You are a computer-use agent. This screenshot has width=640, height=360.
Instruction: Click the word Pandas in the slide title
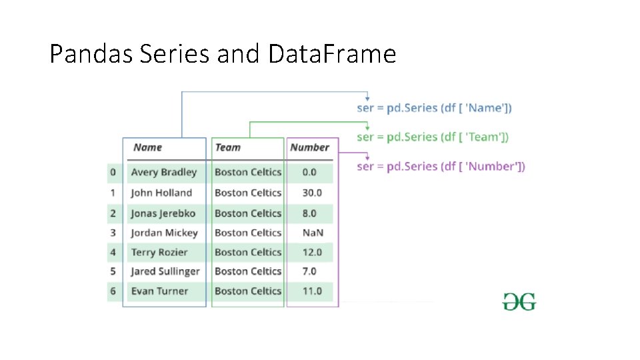coord(92,54)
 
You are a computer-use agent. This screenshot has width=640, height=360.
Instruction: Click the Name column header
coord(147,147)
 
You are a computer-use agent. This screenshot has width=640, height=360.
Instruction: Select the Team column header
coord(227,147)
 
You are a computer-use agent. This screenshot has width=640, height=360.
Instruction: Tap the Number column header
coord(309,147)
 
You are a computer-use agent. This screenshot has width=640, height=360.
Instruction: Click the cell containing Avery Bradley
coord(164,172)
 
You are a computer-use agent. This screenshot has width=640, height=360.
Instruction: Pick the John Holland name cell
coord(161,193)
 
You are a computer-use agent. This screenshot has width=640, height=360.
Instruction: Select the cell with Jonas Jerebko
coord(163,213)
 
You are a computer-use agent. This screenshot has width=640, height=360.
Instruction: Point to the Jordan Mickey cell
coord(164,233)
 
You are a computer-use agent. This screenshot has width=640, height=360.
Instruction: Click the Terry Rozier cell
coord(159,252)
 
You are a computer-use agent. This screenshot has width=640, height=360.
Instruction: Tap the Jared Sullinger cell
coord(165,271)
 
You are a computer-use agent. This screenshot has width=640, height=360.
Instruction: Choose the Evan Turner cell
coord(159,291)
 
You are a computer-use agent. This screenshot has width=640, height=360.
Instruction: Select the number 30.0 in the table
coord(311,193)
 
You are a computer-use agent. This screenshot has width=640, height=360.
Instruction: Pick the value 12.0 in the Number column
coord(311,252)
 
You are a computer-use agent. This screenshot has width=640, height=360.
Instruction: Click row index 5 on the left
coord(113,271)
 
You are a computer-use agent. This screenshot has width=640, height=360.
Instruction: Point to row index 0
coord(113,172)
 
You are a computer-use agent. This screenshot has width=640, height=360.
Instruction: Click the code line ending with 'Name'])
coord(434,108)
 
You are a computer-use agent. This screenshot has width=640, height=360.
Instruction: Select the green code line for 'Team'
coord(433,137)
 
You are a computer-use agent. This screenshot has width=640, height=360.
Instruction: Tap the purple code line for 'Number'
coord(441,167)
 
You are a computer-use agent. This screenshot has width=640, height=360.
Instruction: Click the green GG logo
coord(519,302)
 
